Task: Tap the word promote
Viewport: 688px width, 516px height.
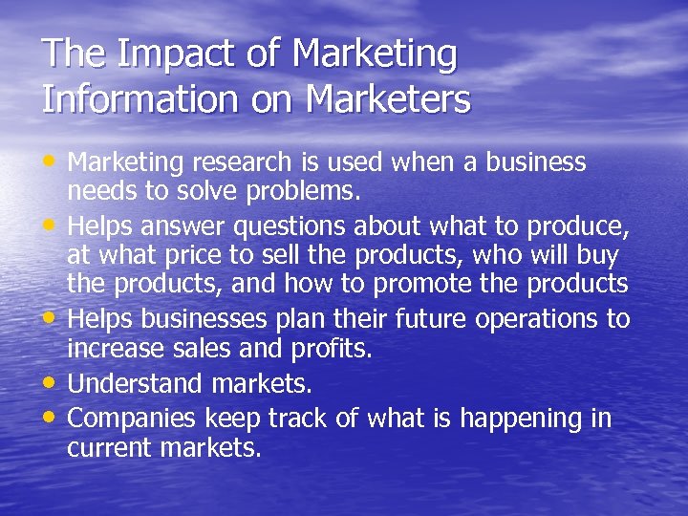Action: [x=475, y=285]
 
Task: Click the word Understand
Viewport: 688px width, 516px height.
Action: [x=135, y=383]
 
